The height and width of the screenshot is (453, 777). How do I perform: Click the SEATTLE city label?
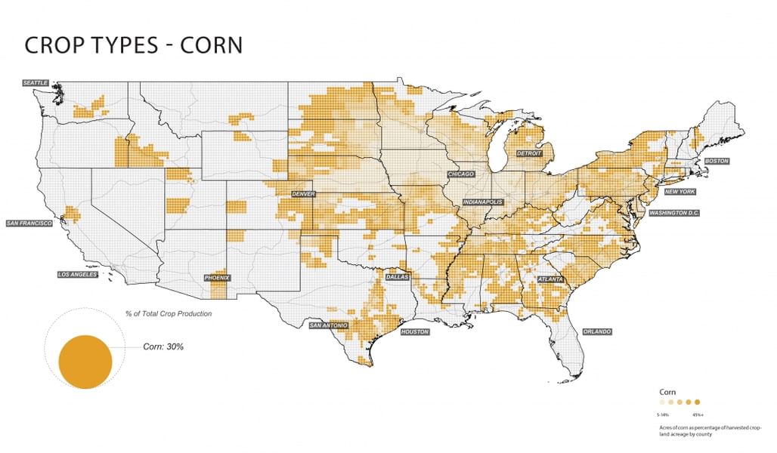[x=36, y=82]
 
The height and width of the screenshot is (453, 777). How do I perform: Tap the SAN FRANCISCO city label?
[x=29, y=223]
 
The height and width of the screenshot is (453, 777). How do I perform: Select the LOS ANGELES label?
[x=78, y=275]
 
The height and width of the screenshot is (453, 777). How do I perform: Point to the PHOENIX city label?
[x=218, y=279]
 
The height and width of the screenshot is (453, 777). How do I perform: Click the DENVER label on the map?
[x=303, y=194]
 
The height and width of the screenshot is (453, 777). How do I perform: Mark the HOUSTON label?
[x=415, y=332]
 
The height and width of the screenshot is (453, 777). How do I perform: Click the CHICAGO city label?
[x=461, y=174]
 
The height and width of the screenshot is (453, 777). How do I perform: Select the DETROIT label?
[x=530, y=153]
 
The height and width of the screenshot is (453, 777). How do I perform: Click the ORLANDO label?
[x=597, y=331]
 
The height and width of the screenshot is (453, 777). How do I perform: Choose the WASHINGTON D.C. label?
[x=674, y=214]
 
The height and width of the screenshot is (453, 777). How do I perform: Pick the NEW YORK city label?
[x=680, y=192]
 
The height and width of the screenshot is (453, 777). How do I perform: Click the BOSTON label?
[x=717, y=162]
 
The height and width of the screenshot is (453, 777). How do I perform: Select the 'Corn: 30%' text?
[x=163, y=347]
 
